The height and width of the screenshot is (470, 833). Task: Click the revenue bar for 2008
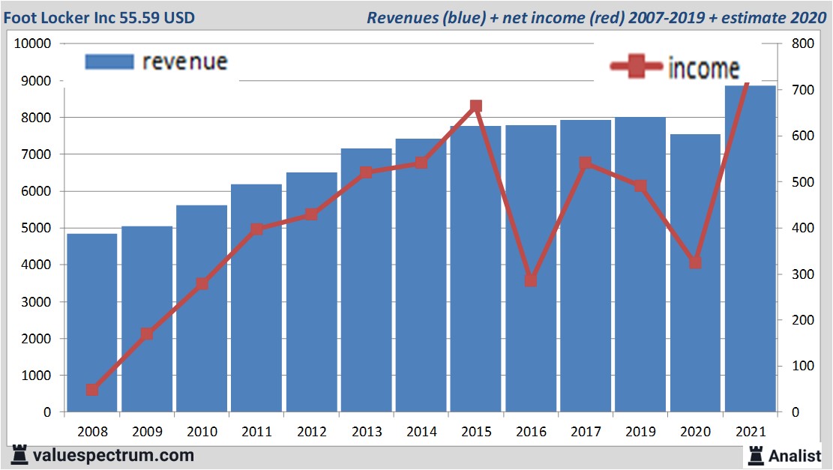coord(92,322)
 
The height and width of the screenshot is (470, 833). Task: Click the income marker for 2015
coord(476,106)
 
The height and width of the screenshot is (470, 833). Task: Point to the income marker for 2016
coord(531,280)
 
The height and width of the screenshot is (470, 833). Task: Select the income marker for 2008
coord(92,390)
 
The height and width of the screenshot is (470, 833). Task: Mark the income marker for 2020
coord(695,262)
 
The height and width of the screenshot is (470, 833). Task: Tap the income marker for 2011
coord(257,229)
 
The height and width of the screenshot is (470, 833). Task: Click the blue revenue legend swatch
coord(109,61)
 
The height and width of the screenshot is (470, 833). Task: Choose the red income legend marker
coord(637,67)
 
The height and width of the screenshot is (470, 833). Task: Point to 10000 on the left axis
coord(33,43)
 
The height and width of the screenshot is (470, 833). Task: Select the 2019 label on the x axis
coord(641,432)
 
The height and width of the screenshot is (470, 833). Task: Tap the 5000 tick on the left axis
coord(36,228)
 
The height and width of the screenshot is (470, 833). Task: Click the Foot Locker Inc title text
coord(99,16)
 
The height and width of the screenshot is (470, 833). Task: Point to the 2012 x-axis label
coord(312,432)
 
